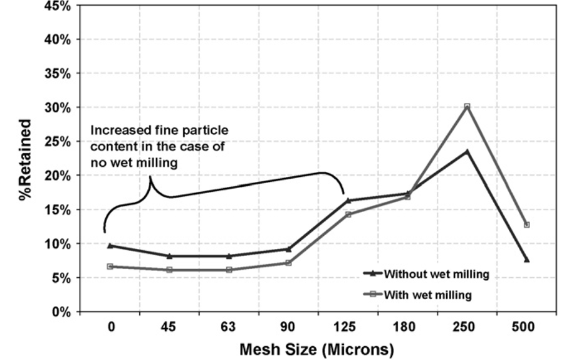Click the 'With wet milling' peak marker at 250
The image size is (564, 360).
coord(467,107)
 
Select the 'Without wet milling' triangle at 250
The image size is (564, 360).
coord(467,151)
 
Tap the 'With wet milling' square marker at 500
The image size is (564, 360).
coord(526,225)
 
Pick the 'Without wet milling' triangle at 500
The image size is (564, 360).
coord(526,259)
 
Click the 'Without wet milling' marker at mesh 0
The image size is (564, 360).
coord(110,245)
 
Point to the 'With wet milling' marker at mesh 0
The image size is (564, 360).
coord(110,267)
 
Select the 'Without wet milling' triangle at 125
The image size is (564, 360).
coord(348,201)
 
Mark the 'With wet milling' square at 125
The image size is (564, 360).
coord(348,214)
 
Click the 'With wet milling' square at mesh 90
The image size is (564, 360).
coord(288,263)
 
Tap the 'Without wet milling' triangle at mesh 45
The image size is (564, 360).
coord(170,256)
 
